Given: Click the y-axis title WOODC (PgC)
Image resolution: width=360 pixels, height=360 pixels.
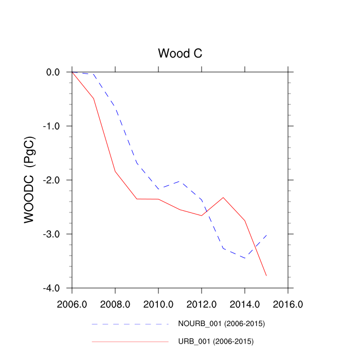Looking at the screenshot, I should pyautogui.click(x=30, y=179).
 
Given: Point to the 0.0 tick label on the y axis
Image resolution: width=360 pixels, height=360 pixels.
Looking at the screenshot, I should pyautogui.click(x=53, y=72).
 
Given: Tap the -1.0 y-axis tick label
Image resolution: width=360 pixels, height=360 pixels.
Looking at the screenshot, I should pyautogui.click(x=52, y=126).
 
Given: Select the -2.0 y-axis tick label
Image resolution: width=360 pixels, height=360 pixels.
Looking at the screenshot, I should pyautogui.click(x=52, y=180).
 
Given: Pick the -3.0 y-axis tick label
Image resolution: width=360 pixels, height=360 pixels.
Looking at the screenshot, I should pyautogui.click(x=52, y=234).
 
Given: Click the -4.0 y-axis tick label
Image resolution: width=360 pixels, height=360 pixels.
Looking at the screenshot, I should pyautogui.click(x=52, y=288).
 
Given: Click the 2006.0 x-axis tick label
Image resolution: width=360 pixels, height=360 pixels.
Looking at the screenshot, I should pyautogui.click(x=72, y=304).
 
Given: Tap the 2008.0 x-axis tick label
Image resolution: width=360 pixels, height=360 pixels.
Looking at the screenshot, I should pyautogui.click(x=115, y=304).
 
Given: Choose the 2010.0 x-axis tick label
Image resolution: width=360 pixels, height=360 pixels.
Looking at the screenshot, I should pyautogui.click(x=158, y=304).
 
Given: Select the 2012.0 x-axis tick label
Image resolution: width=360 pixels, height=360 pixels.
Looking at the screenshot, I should pyautogui.click(x=202, y=304).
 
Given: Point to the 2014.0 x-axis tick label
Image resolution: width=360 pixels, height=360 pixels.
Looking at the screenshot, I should pyautogui.click(x=245, y=304).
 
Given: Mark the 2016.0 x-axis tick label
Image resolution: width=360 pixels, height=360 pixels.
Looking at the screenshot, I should pyautogui.click(x=288, y=304).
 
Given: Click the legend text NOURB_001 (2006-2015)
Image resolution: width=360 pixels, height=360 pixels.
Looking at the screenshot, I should pyautogui.click(x=221, y=324).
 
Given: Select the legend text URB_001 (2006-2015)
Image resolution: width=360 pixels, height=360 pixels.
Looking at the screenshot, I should pyautogui.click(x=216, y=341).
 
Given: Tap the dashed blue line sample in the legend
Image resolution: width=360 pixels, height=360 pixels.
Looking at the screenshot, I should pyautogui.click(x=130, y=325).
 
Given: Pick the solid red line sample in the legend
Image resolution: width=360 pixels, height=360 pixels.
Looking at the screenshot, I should pyautogui.click(x=130, y=341).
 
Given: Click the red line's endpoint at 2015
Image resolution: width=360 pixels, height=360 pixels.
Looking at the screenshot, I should pyautogui.click(x=266, y=276).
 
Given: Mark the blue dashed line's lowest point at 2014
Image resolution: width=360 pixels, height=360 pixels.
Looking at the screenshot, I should pyautogui.click(x=245, y=258).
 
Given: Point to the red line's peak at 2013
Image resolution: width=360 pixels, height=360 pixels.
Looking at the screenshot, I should pyautogui.click(x=223, y=197).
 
